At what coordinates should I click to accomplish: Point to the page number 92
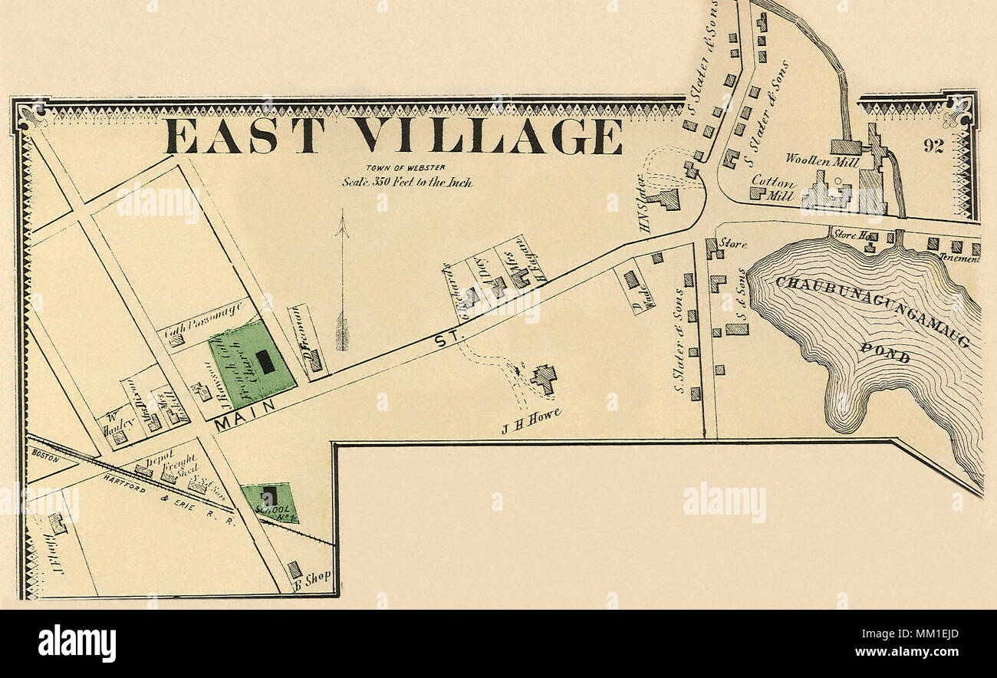point(933,146)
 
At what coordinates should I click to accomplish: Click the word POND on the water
point(884,353)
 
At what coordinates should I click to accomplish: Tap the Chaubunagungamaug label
point(873,311)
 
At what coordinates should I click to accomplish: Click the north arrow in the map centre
point(342,284)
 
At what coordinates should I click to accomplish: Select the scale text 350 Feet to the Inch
point(406,183)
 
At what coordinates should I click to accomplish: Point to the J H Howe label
point(531,421)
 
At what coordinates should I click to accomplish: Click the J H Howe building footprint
point(544,378)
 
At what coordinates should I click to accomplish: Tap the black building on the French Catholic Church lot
point(265,361)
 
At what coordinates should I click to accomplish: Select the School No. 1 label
point(269,510)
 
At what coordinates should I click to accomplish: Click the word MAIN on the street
point(245,414)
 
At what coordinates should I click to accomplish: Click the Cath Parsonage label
point(204,321)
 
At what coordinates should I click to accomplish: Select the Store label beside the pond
point(732,244)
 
